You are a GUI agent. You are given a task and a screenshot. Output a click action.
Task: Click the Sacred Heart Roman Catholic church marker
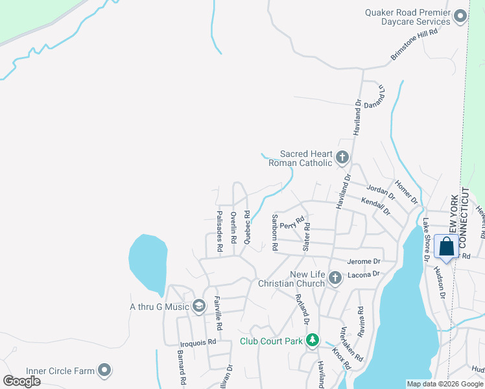[x=342, y=157]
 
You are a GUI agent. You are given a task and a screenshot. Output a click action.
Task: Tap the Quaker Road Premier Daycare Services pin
[x=461, y=16]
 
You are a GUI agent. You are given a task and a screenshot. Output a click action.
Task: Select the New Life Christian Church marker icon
[x=335, y=277]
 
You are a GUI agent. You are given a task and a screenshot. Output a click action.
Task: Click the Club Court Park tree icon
[x=313, y=340]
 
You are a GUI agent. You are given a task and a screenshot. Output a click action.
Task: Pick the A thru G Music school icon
[x=199, y=305]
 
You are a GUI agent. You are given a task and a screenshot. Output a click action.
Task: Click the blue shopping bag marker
[x=447, y=247]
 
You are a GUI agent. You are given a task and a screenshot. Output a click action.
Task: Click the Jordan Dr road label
[x=381, y=191]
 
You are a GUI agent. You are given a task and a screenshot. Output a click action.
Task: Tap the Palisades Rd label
[x=220, y=230]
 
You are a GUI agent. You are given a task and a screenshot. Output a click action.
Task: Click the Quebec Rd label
[x=247, y=226]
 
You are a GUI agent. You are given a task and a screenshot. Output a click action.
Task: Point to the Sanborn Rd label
[x=275, y=233]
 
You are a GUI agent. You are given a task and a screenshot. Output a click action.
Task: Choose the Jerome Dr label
[x=363, y=261]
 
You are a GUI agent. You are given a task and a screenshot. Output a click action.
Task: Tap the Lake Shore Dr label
[x=427, y=239]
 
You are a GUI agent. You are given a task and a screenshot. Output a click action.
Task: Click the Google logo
[x=22, y=381]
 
